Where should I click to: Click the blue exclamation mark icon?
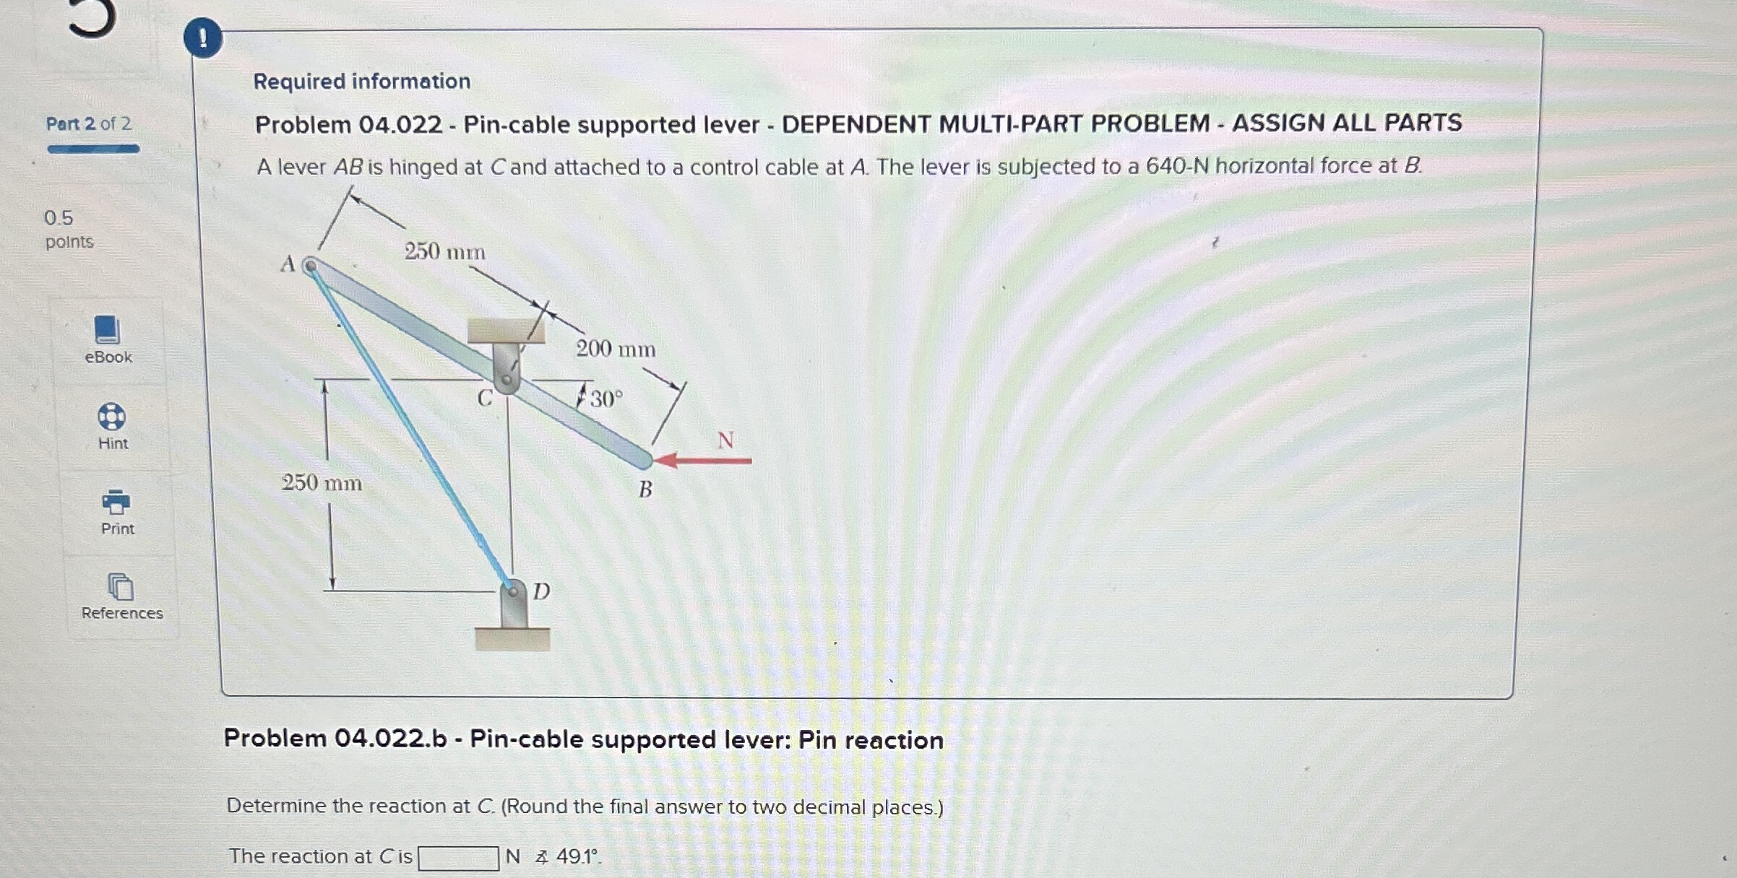click(202, 38)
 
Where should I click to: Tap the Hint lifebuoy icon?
click(111, 417)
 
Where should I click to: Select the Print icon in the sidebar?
click(116, 501)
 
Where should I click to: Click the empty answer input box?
click(458, 858)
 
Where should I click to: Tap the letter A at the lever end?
click(288, 264)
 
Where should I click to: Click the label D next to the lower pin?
click(541, 591)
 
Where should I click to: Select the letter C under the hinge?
click(484, 399)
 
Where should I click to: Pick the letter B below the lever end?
click(645, 490)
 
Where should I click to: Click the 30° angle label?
click(606, 399)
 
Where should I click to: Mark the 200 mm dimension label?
click(616, 349)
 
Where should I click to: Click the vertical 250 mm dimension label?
click(322, 482)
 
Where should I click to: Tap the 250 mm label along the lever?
click(444, 251)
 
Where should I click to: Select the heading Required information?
click(361, 81)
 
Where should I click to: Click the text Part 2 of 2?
click(88, 123)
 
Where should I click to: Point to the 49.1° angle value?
click(577, 856)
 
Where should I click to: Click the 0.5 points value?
click(59, 218)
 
